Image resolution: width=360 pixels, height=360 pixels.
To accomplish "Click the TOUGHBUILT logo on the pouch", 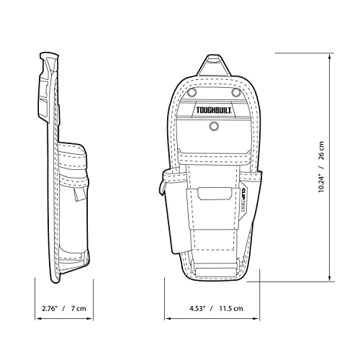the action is coord(214,110).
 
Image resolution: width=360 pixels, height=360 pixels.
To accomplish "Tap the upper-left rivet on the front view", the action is coord(192,92).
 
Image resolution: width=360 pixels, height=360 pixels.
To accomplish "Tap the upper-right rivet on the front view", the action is coord(236,92).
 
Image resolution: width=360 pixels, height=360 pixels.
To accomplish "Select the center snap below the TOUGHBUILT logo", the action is coord(214,126).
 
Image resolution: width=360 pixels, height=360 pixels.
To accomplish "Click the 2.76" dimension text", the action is coord(50,308).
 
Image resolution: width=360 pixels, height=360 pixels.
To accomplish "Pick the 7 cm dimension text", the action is coord(78,308).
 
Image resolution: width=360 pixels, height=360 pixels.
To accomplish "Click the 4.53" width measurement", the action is coord(198,308).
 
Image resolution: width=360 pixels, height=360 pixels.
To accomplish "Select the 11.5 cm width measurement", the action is coord(231,308).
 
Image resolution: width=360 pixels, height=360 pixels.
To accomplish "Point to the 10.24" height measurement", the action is coord(321,184).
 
